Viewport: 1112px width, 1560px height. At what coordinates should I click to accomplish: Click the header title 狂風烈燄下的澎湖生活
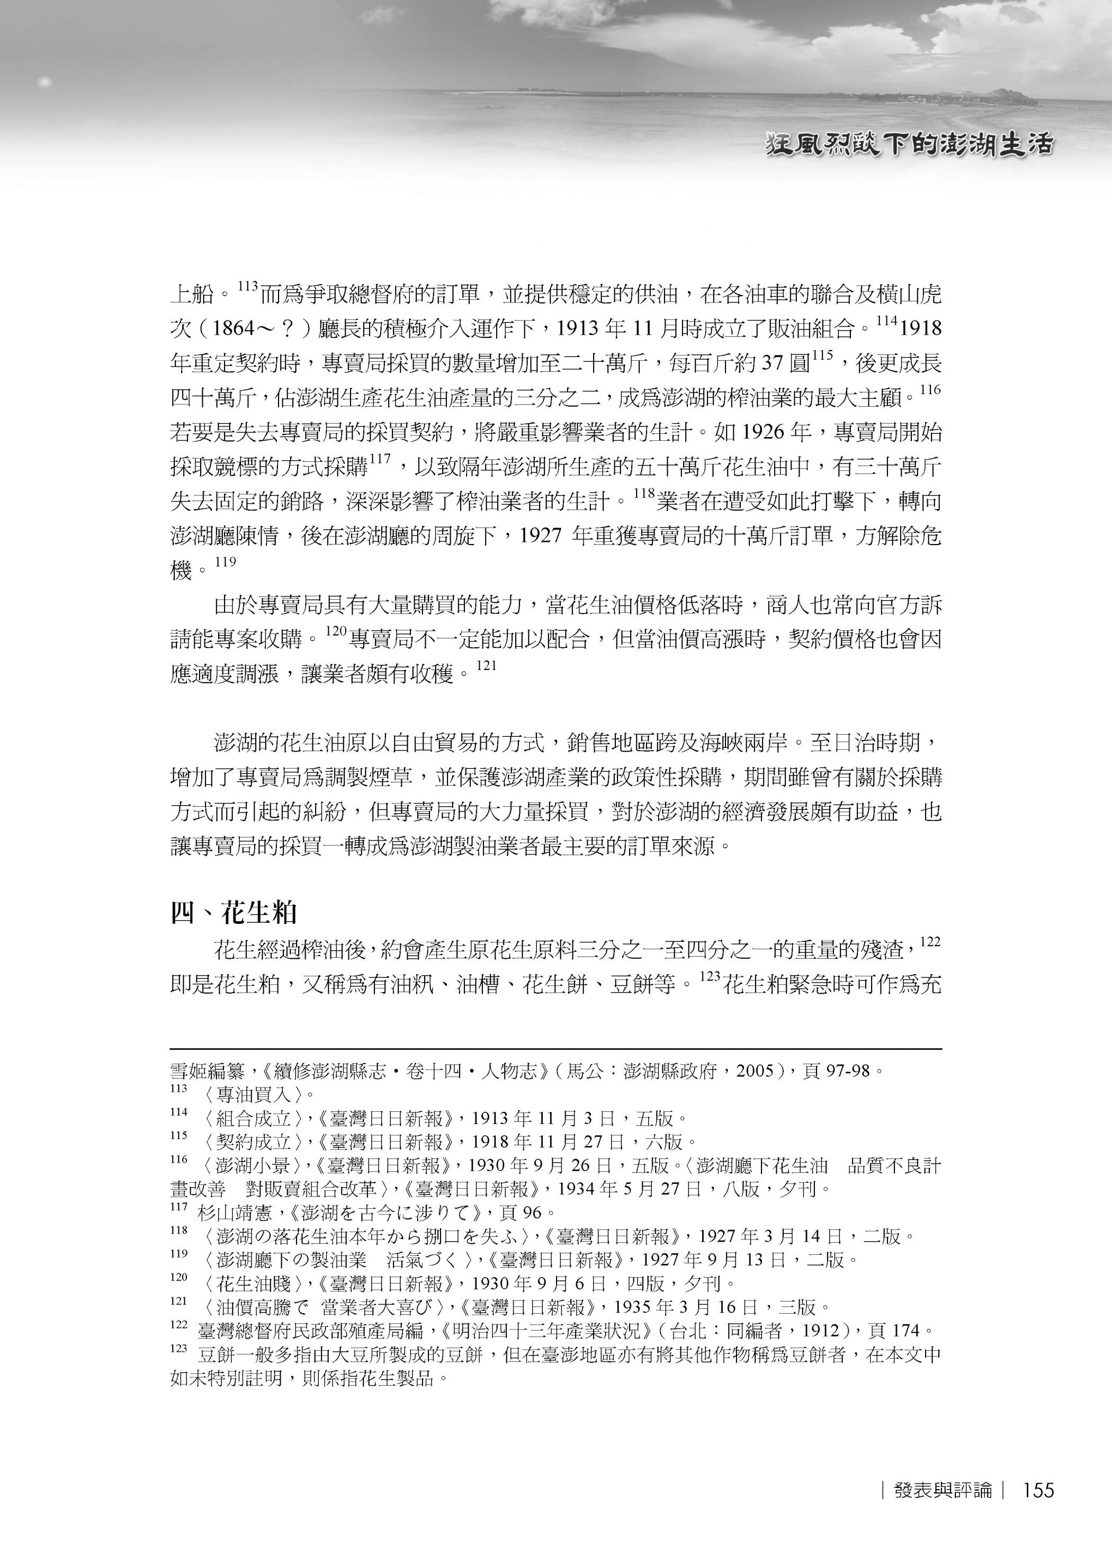pos(909,145)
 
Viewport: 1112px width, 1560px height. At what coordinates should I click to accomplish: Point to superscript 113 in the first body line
pos(247,287)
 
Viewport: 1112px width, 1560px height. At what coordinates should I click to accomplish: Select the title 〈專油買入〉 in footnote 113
pos(253,1095)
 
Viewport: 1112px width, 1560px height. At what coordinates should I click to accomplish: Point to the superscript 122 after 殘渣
pos(930,942)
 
